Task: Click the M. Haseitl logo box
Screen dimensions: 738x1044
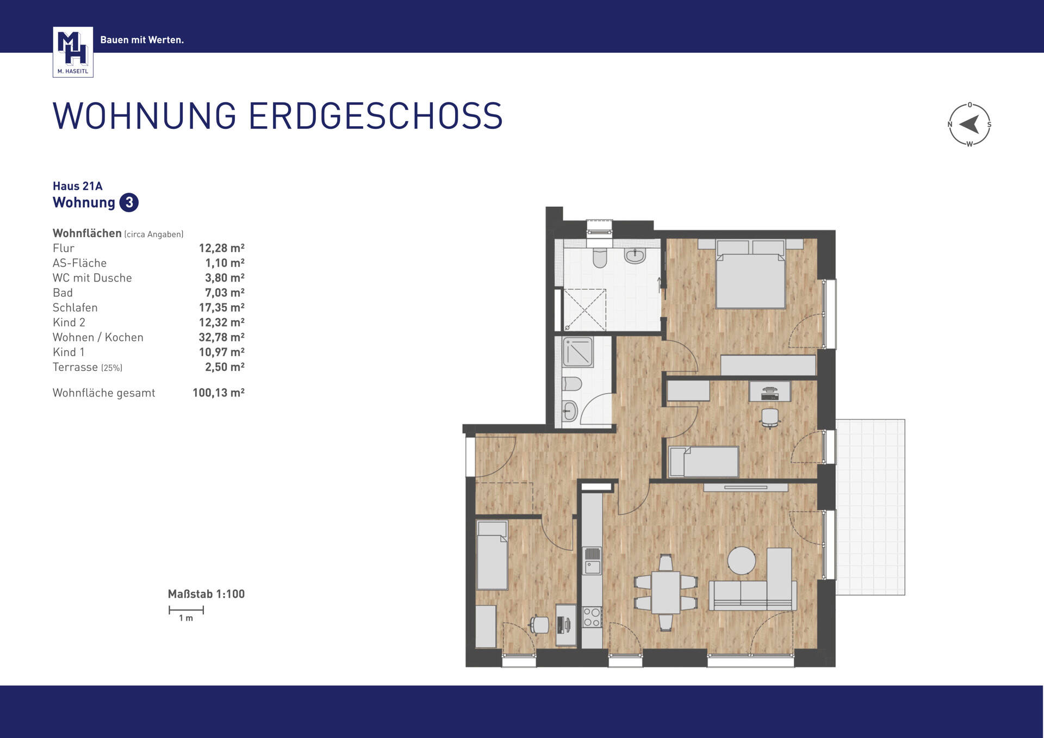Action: click(73, 52)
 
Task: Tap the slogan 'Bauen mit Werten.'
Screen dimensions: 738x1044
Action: click(142, 40)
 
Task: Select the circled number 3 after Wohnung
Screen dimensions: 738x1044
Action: click(129, 202)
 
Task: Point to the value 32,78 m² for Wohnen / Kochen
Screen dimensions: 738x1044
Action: click(221, 337)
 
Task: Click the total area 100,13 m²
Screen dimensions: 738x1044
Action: click(219, 393)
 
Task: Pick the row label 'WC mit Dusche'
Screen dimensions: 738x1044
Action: click(92, 278)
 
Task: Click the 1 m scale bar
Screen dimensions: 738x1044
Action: click(186, 610)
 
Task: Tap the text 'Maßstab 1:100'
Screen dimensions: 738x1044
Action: click(206, 594)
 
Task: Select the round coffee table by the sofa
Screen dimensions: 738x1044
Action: click(741, 560)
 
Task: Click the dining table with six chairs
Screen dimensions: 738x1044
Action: click(666, 592)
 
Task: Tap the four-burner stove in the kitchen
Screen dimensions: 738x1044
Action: click(592, 617)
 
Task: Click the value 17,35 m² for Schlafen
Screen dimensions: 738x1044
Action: click(221, 308)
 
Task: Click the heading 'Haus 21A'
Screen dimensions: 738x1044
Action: click(78, 186)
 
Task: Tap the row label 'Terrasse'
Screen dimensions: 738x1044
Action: click(76, 367)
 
